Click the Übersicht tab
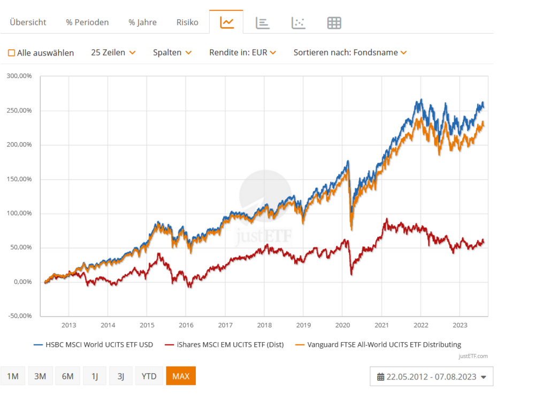point(28,22)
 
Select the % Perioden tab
point(87,22)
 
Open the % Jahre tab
point(142,22)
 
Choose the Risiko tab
point(187,22)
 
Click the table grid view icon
point(334,22)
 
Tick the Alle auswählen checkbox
point(11,53)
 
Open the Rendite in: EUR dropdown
point(242,52)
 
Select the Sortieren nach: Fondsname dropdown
point(350,52)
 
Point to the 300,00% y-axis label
point(20,76)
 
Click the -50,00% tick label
point(20,316)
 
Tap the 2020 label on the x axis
point(342,325)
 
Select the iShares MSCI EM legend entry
point(225,345)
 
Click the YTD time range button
point(149,376)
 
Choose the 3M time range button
point(40,376)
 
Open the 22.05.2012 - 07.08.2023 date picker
point(431,377)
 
